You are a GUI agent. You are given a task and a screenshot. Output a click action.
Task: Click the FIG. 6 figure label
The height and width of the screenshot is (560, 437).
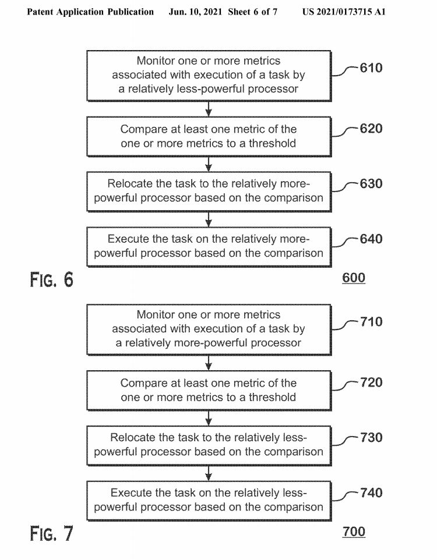[52, 279]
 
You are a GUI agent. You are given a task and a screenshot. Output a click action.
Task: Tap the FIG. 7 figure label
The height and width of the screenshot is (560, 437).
[52, 533]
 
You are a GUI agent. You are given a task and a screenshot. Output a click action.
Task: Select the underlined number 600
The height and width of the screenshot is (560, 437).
[354, 278]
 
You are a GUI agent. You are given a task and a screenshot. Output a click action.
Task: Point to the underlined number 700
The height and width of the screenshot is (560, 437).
[354, 531]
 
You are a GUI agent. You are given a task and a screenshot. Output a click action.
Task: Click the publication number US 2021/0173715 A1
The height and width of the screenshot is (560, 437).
[344, 12]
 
